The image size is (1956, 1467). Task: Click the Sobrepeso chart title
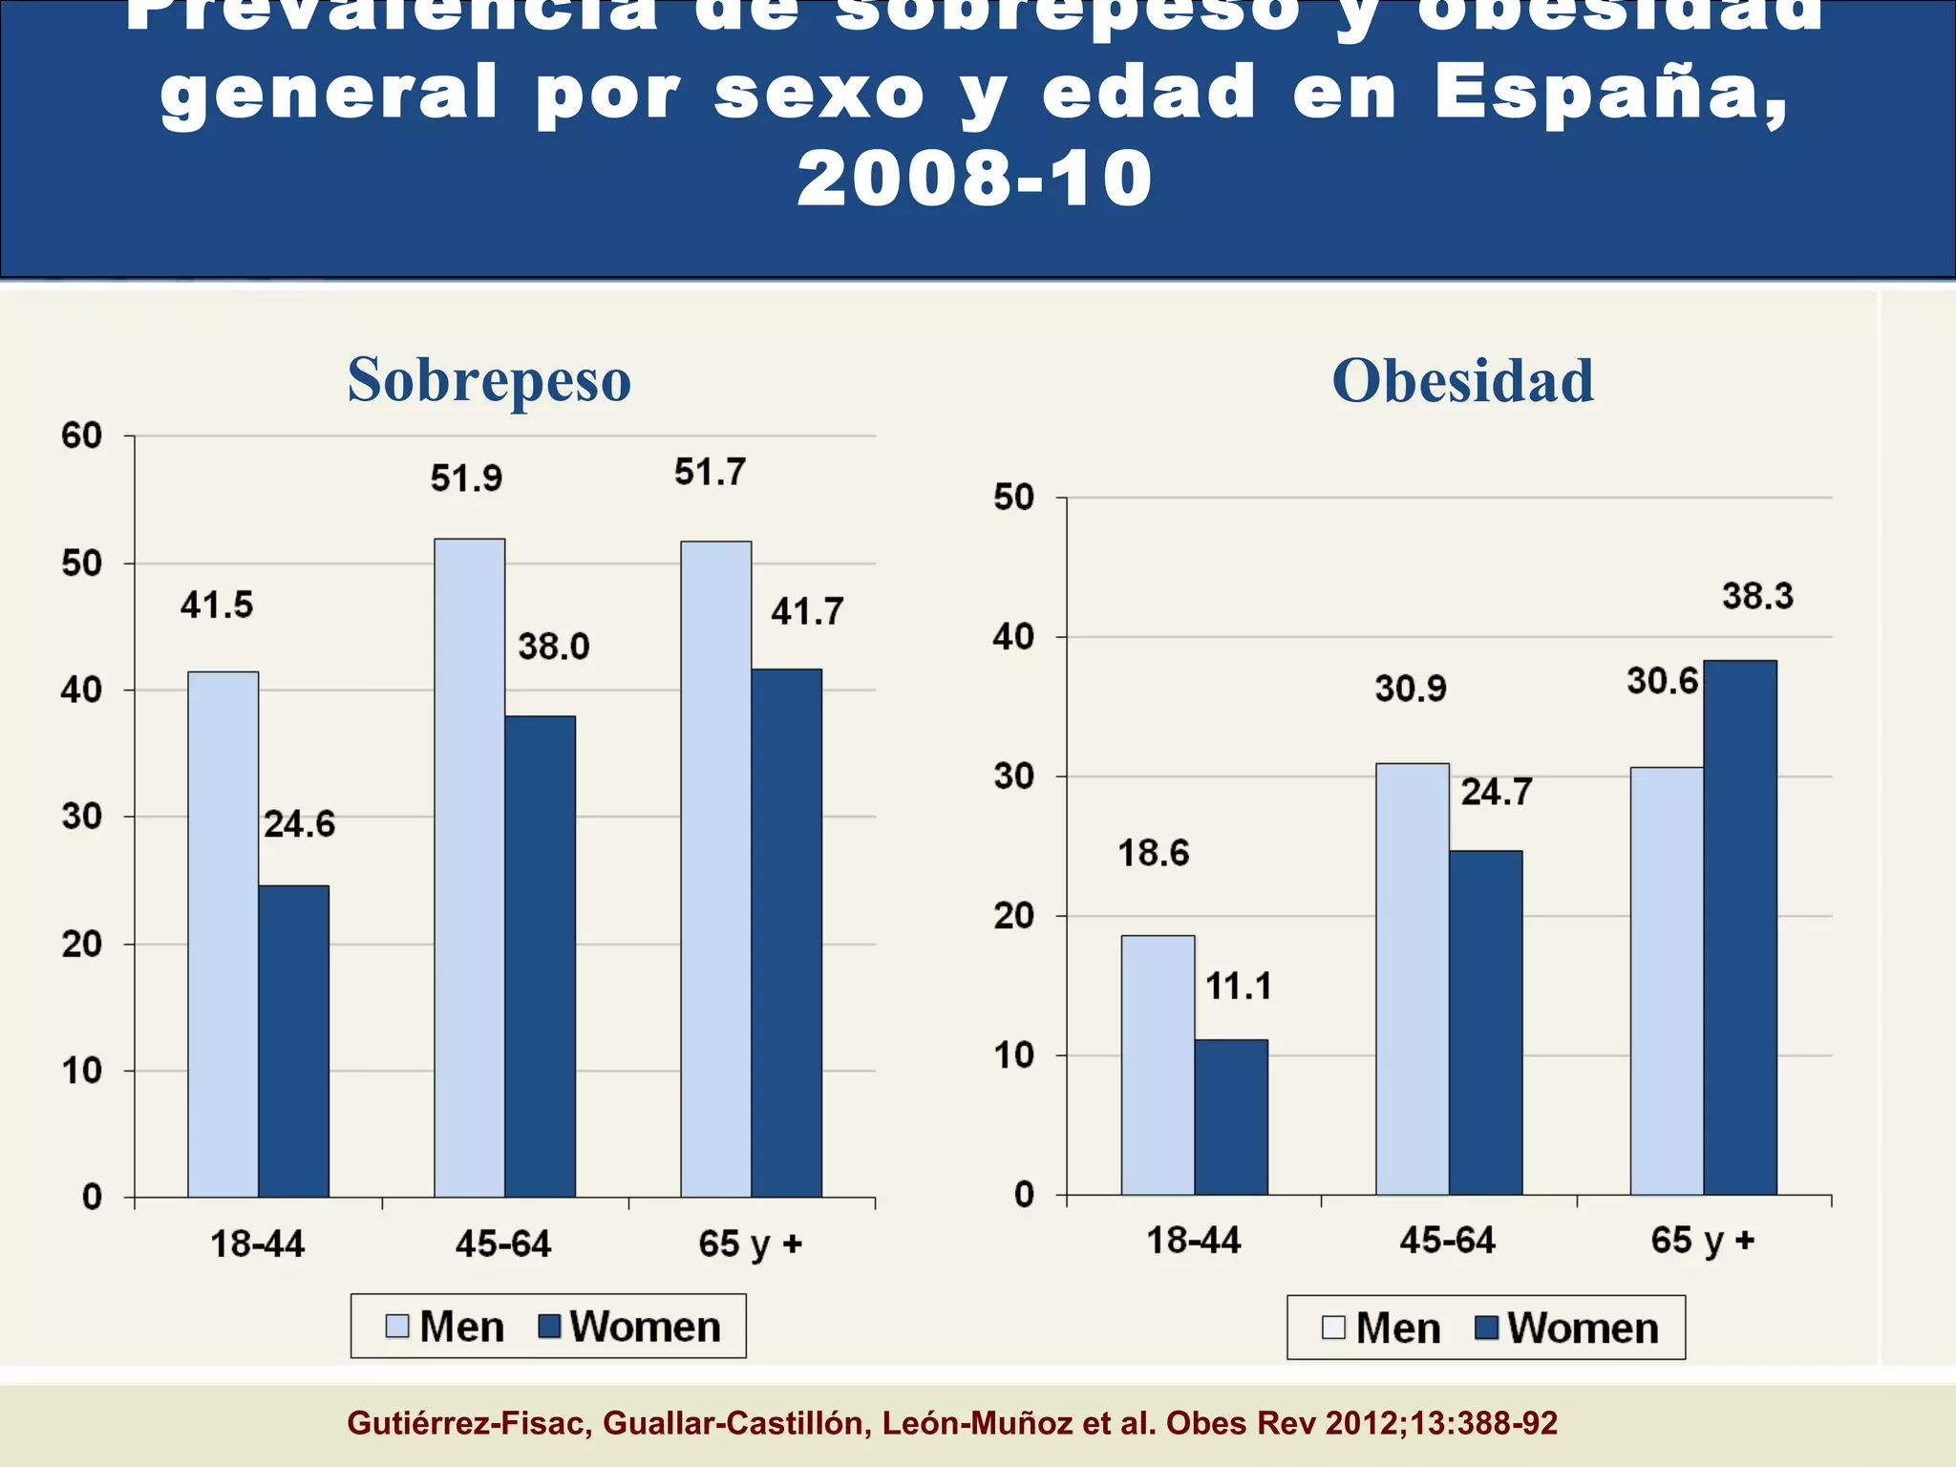pyautogui.click(x=489, y=380)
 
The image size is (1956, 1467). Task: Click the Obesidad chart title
pyautogui.click(x=1462, y=380)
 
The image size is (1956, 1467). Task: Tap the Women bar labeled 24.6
pyautogui.click(x=293, y=1041)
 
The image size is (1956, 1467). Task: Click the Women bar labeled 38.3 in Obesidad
pyautogui.click(x=1739, y=926)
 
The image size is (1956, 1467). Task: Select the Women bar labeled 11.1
pyautogui.click(x=1230, y=1116)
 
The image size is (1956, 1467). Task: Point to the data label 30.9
pyautogui.click(x=1411, y=689)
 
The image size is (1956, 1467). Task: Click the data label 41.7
pyautogui.click(x=807, y=611)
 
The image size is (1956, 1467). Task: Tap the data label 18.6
pyautogui.click(x=1154, y=853)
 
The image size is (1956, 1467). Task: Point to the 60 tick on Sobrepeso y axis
pyautogui.click(x=81, y=436)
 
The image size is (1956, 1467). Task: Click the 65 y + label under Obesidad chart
pyautogui.click(x=1702, y=1240)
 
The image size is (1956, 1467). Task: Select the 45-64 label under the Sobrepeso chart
pyautogui.click(x=503, y=1244)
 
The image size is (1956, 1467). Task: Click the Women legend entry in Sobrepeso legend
pyautogui.click(x=629, y=1327)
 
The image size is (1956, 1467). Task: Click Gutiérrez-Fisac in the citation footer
pyautogui.click(x=469, y=1423)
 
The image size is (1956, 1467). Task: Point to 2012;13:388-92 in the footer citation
pyautogui.click(x=1441, y=1423)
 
